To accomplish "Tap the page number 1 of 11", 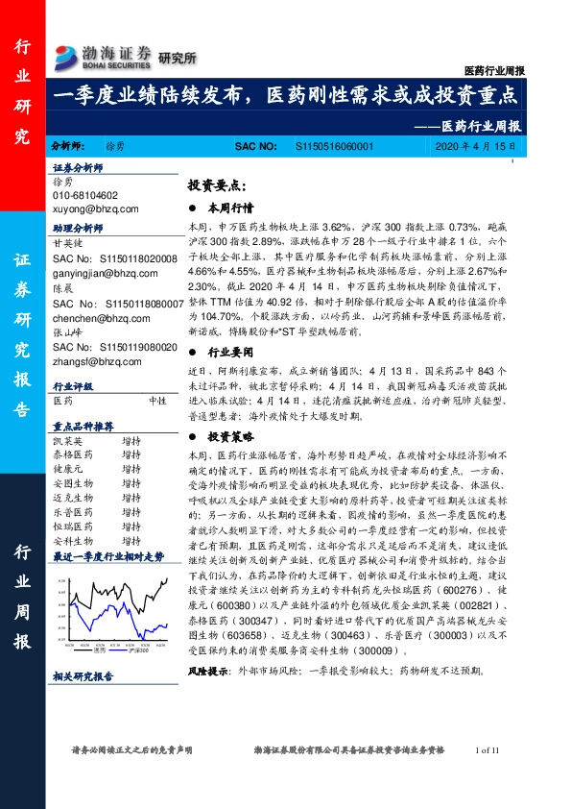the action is pos(489,776).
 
